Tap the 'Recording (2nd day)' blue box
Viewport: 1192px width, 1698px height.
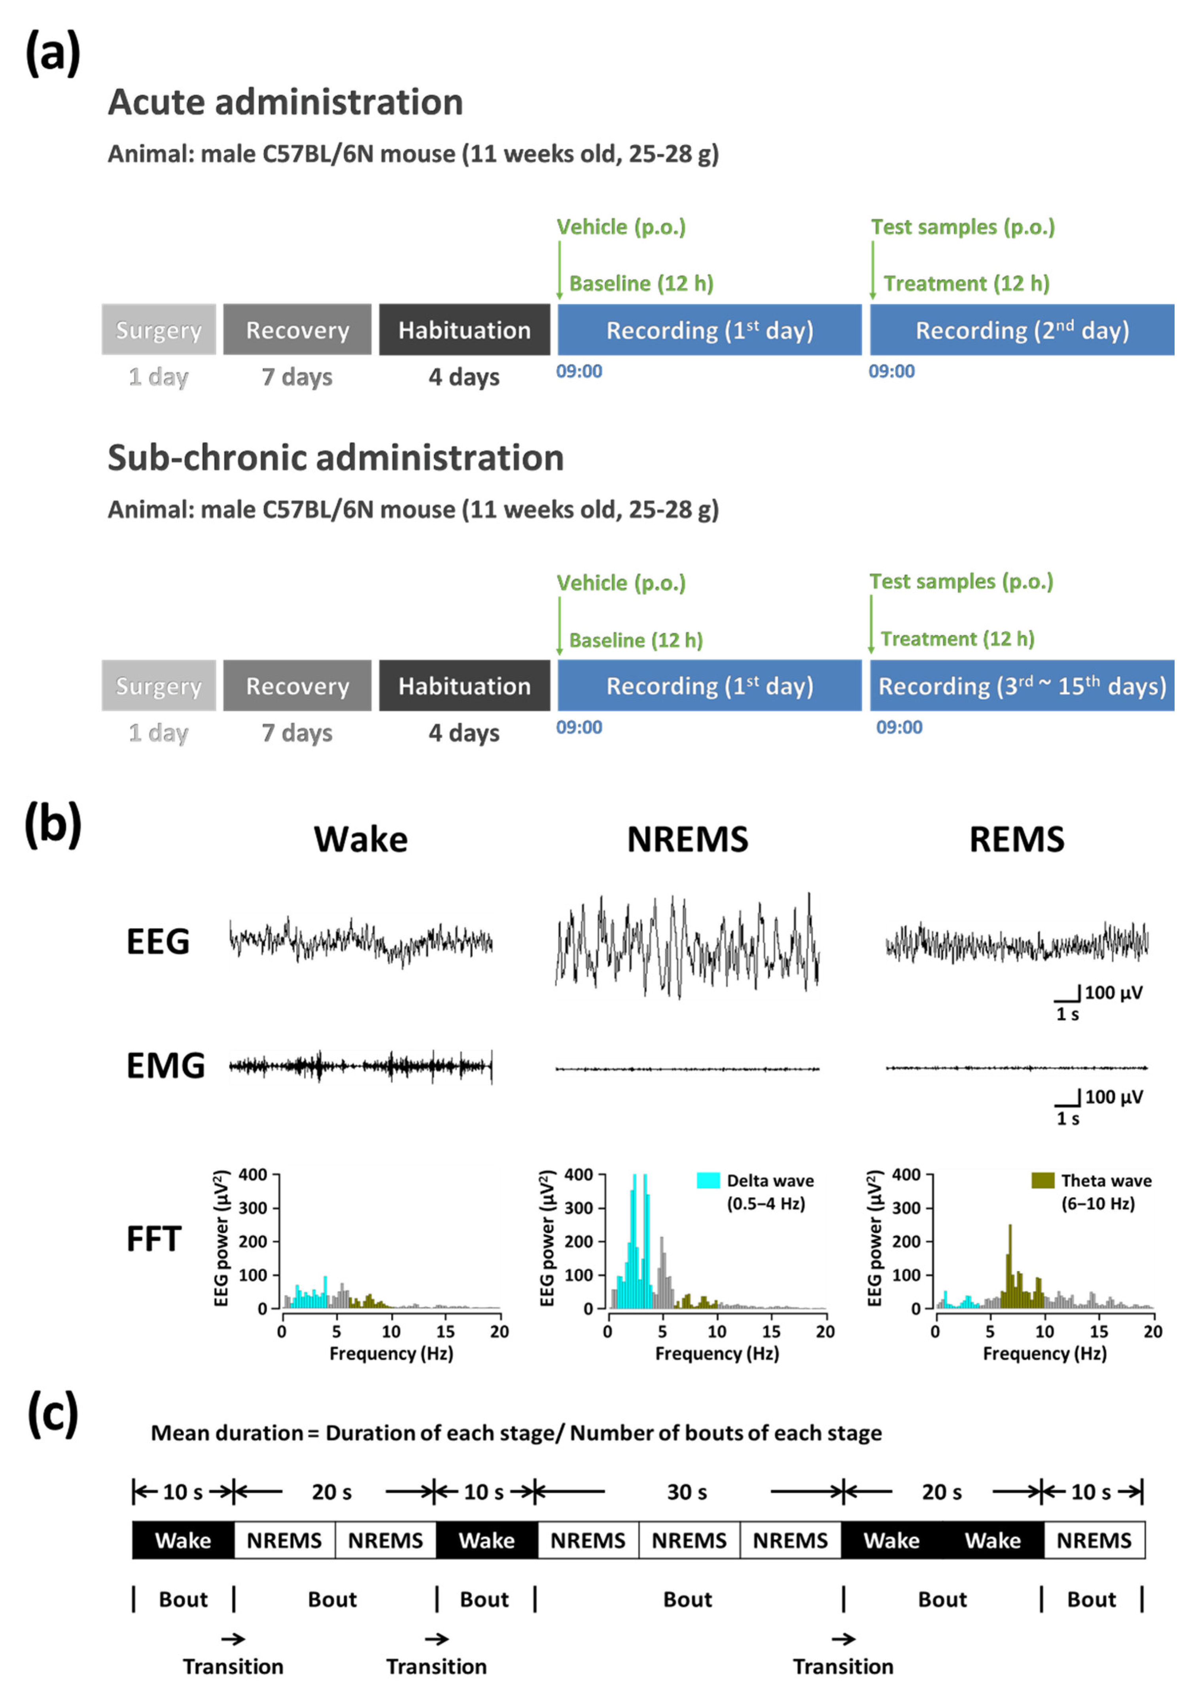1022,330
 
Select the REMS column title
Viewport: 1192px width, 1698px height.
1017,840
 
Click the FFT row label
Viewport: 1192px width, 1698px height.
154,1239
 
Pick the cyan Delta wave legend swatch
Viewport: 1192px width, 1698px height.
708,1180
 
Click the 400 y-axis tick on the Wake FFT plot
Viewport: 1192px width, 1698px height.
253,1175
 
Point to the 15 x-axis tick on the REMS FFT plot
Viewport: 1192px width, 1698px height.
1099,1331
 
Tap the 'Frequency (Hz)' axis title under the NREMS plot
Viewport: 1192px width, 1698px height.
717,1353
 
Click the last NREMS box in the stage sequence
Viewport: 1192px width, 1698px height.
1094,1541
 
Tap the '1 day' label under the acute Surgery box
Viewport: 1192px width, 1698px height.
158,377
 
